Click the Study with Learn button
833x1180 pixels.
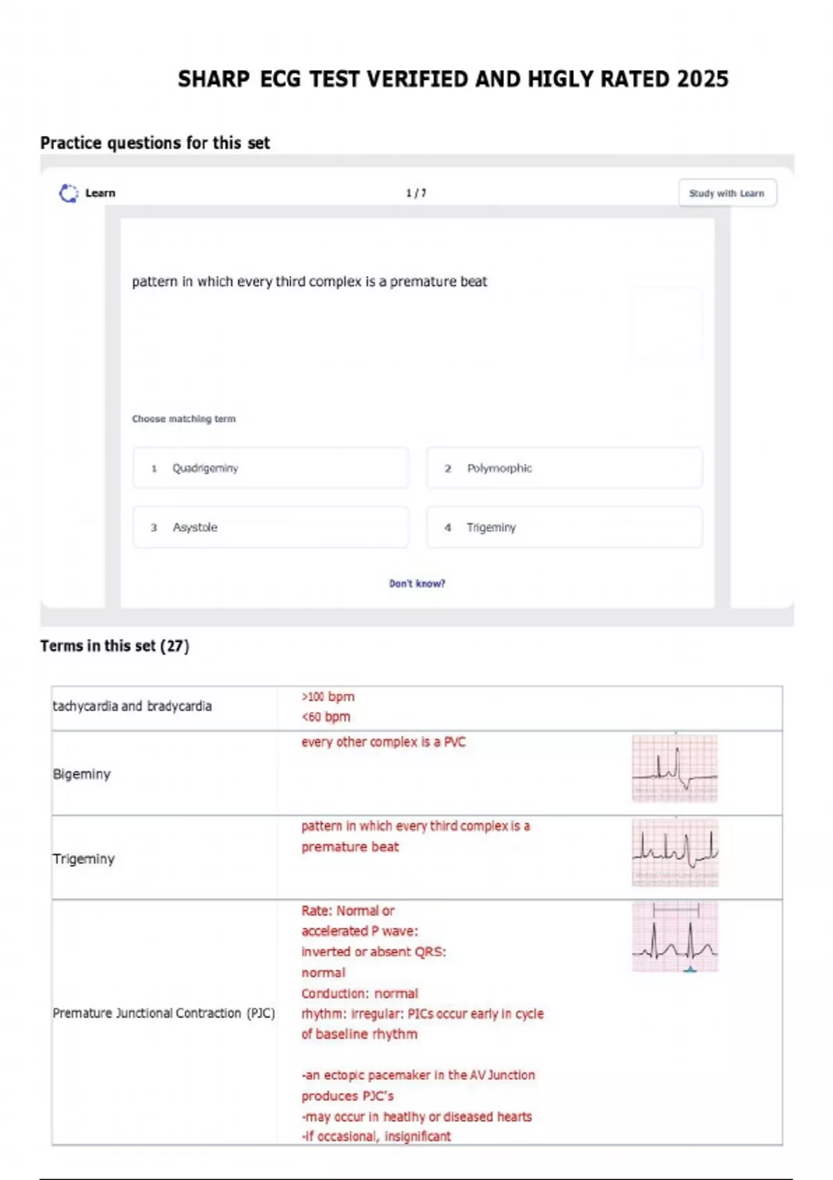[x=727, y=193]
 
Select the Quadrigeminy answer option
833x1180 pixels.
[x=270, y=468]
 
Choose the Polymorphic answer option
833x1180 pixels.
[x=564, y=468]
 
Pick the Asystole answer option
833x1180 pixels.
[x=270, y=527]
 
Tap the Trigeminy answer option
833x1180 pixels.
[x=564, y=527]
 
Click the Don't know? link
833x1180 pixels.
[x=416, y=583]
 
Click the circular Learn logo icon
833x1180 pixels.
[x=69, y=194]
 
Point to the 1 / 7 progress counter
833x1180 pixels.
[x=416, y=194]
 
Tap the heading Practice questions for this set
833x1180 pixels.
[x=155, y=143]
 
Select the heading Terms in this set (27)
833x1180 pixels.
[x=115, y=646]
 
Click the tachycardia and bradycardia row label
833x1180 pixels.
[x=133, y=706]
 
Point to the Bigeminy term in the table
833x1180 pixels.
[x=82, y=774]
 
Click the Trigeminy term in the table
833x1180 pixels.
[x=83, y=859]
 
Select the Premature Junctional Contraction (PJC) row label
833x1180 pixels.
[x=164, y=1013]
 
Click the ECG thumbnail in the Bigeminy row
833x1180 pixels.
[x=675, y=768]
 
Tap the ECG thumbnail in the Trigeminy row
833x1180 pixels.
[x=675, y=853]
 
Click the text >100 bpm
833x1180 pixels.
[x=328, y=696]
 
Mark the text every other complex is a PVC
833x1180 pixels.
[x=384, y=742]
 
